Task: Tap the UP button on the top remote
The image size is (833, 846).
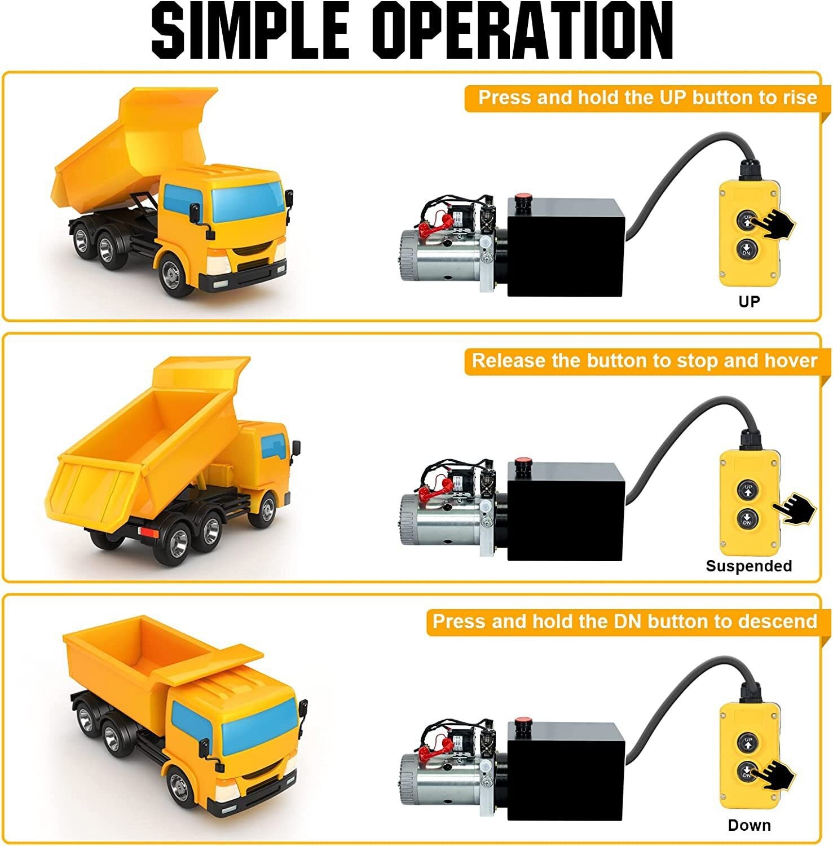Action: (x=747, y=220)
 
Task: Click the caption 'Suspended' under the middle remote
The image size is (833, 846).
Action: (x=748, y=566)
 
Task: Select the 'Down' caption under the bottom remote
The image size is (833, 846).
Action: (x=749, y=825)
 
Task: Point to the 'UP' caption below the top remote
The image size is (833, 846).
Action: (x=749, y=302)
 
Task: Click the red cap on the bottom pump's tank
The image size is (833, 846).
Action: (x=523, y=724)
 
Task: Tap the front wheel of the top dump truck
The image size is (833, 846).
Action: (x=172, y=275)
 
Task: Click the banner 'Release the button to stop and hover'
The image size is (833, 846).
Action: (x=644, y=361)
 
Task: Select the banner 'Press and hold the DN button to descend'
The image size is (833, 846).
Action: (x=624, y=622)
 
